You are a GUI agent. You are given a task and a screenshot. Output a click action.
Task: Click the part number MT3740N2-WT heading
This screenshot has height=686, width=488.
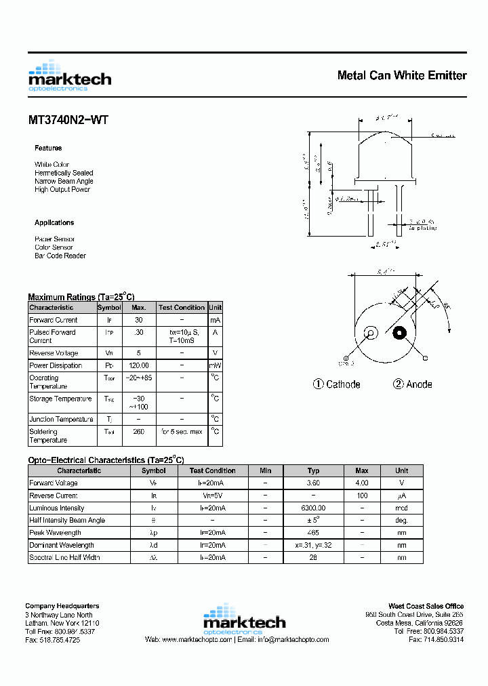click(68, 121)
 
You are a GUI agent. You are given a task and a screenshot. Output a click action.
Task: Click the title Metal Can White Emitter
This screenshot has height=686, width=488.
click(401, 75)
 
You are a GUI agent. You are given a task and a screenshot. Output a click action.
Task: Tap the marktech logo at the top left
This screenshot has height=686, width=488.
click(70, 76)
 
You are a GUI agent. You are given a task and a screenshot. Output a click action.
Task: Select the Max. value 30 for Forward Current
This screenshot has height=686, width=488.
click(139, 320)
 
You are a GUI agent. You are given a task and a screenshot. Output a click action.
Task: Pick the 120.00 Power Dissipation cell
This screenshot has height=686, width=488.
click(139, 365)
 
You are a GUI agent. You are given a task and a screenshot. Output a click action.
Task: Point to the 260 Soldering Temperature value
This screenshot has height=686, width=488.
click(139, 432)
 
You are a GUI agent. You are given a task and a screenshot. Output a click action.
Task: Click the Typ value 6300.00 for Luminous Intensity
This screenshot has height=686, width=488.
click(313, 508)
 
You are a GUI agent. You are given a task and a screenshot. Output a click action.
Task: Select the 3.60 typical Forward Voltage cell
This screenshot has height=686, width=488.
click(313, 483)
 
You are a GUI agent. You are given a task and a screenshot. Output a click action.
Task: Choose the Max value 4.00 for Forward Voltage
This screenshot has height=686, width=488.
click(362, 483)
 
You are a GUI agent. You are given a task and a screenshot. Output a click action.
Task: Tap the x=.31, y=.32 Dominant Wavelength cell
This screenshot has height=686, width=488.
click(313, 545)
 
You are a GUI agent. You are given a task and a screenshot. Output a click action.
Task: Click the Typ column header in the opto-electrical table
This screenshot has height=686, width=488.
click(313, 470)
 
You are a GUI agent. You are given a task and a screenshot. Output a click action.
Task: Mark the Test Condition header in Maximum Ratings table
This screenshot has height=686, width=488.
click(182, 308)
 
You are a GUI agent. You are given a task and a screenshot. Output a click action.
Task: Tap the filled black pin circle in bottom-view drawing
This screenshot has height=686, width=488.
click(399, 333)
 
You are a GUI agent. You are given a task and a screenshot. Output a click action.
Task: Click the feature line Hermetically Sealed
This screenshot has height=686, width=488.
click(64, 173)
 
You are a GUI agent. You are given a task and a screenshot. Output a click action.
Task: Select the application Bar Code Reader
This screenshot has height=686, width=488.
click(60, 256)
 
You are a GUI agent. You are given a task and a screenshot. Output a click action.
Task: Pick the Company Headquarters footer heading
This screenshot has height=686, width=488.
click(62, 606)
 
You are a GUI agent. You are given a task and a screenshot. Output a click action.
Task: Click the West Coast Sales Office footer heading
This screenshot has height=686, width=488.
click(426, 606)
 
